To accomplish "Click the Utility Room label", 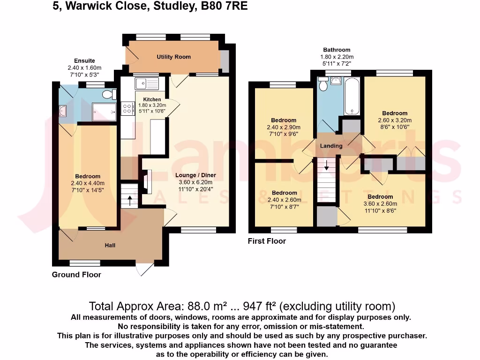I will [173, 57].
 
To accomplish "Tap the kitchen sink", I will [147, 83].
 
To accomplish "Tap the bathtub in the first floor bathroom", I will [352, 97].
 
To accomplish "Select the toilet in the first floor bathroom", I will [323, 85].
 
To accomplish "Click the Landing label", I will [331, 146].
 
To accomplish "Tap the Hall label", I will [110, 245].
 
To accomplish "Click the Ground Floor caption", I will [76, 275].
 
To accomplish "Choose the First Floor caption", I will [267, 241].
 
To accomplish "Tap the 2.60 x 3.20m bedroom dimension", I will [394, 120].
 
